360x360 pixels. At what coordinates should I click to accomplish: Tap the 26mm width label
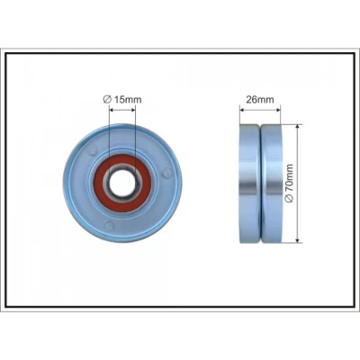click(x=260, y=99)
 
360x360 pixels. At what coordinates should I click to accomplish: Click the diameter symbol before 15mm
click(x=107, y=99)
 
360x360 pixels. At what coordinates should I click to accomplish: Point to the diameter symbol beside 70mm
click(x=289, y=199)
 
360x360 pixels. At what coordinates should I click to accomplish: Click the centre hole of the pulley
click(x=122, y=183)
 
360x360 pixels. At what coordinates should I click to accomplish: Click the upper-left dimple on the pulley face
click(x=93, y=150)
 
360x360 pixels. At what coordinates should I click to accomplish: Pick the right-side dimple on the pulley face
click(x=166, y=172)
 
